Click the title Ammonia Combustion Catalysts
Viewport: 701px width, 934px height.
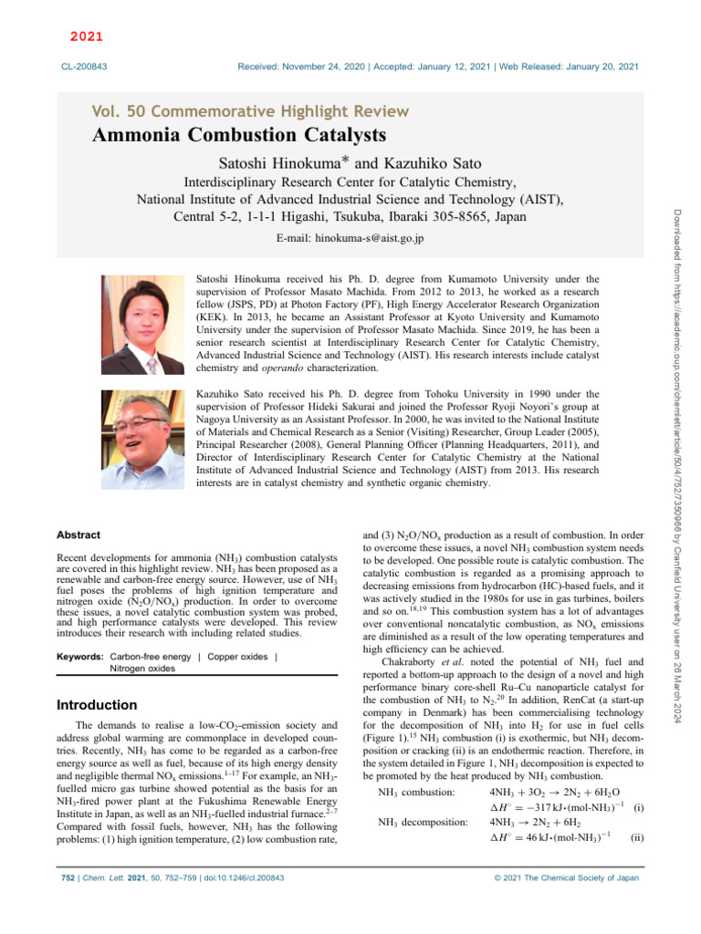(239, 137)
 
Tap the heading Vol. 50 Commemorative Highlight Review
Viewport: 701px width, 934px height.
(250, 111)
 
